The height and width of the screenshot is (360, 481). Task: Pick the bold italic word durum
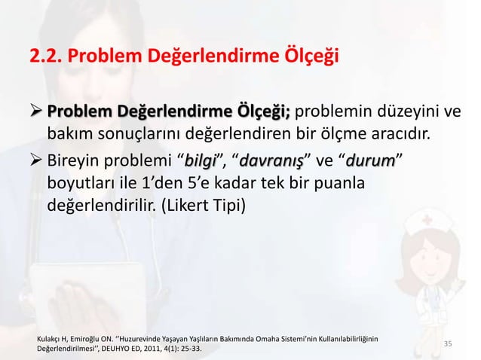[372, 161]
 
